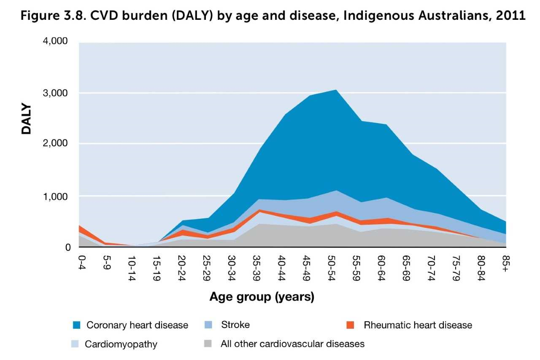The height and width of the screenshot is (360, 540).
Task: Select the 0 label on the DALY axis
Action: pyautogui.click(x=68, y=247)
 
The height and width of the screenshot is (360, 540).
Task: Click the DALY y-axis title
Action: pyautogui.click(x=27, y=119)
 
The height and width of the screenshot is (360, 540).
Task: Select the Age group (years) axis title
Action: pyautogui.click(x=262, y=297)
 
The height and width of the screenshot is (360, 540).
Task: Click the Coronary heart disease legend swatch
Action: pyautogui.click(x=76, y=325)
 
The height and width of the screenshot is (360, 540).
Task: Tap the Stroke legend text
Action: pyautogui.click(x=235, y=325)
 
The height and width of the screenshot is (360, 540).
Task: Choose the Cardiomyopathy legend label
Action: pyautogui.click(x=121, y=344)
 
